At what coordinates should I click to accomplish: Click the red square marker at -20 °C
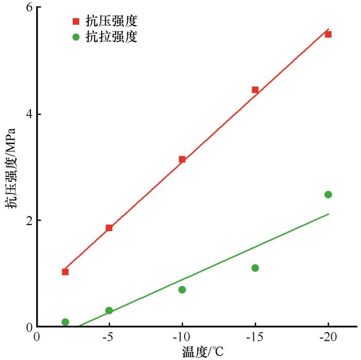328,34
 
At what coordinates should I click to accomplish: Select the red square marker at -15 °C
255,90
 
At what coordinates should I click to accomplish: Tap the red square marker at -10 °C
182,159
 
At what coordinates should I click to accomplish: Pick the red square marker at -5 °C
109,228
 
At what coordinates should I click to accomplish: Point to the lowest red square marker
65,271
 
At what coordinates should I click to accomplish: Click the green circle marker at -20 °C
328,194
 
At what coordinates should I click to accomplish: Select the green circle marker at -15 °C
255,268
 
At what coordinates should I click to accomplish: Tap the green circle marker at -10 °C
182,289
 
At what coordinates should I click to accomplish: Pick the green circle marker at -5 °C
109,311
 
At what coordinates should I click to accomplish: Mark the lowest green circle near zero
65,322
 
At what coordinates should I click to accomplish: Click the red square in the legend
76,22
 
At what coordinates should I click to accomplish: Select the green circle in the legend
76,37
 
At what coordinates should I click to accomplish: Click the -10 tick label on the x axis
182,337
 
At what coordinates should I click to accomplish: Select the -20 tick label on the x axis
328,337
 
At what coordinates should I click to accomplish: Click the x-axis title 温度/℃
203,352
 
